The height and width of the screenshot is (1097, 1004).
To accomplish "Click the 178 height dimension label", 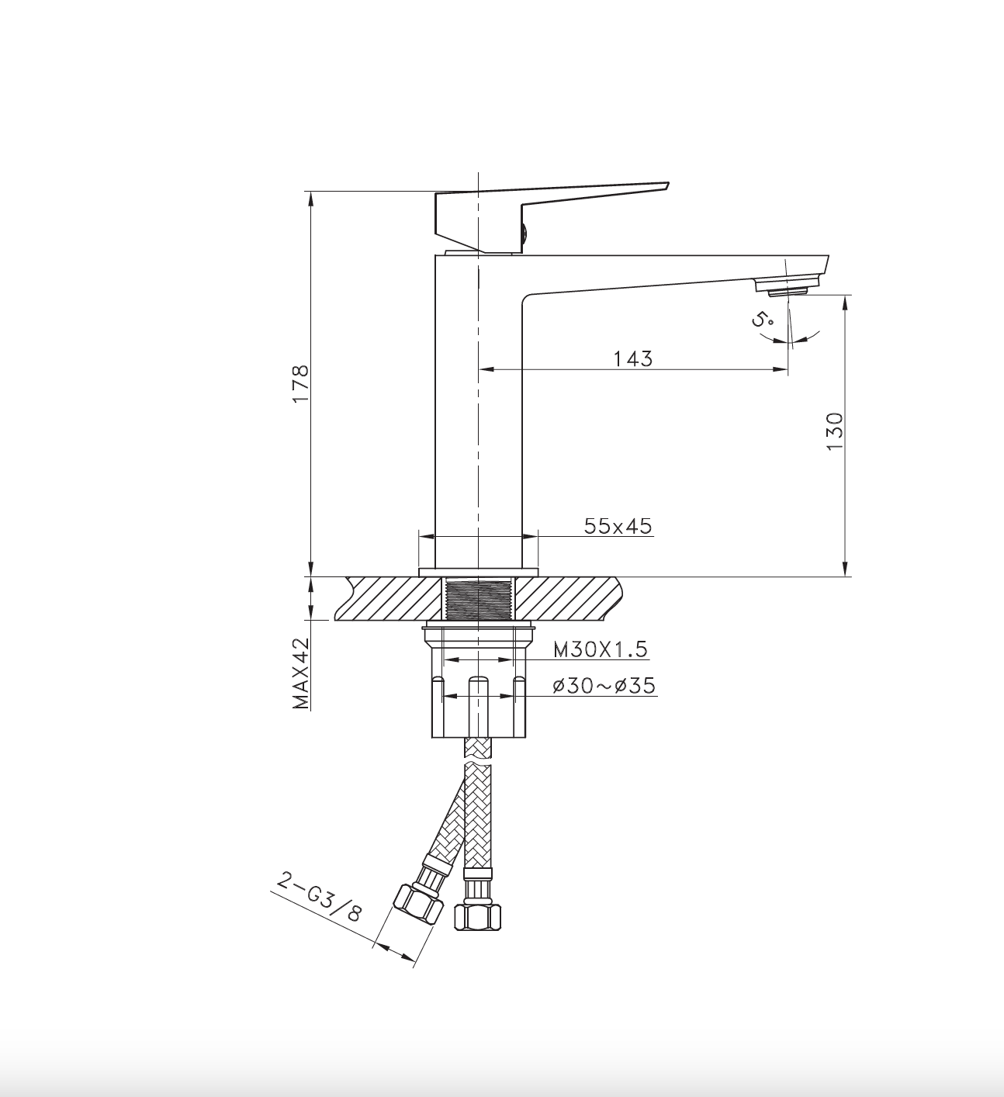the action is (x=301, y=383).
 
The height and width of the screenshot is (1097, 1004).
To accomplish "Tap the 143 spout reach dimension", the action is (x=633, y=358).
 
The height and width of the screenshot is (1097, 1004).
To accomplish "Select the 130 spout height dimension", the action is (x=835, y=431).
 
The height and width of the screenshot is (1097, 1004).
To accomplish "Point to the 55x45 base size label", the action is (x=618, y=526).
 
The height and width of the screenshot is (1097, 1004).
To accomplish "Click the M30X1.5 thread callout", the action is (x=601, y=649).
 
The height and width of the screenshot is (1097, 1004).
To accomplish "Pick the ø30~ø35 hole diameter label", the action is (x=604, y=685).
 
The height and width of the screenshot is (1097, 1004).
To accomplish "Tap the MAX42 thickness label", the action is (x=301, y=673).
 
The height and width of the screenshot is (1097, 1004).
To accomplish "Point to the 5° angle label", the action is (x=762, y=319).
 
